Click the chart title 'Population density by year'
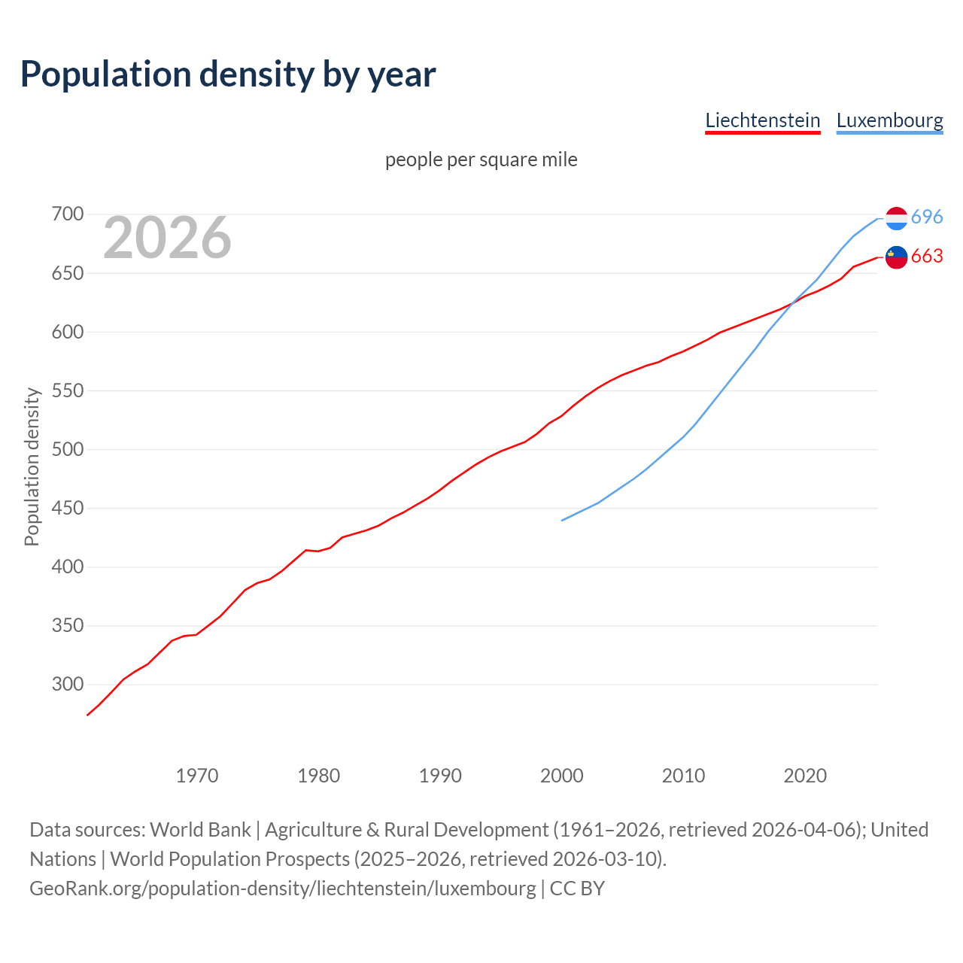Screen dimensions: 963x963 click(x=228, y=74)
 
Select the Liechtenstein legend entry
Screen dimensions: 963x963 click(x=762, y=120)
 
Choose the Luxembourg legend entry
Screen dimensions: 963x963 click(x=889, y=120)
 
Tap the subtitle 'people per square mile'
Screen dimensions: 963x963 click(x=481, y=159)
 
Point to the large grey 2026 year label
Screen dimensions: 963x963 click(x=167, y=238)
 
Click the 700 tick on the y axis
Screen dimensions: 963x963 click(x=67, y=214)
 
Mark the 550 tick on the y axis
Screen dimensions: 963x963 click(x=67, y=390)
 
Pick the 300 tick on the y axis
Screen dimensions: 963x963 click(x=67, y=685)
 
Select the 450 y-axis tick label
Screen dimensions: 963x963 click(x=67, y=509)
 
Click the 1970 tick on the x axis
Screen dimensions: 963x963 click(x=197, y=776)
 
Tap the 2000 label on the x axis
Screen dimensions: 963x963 click(x=562, y=776)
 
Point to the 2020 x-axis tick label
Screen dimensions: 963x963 click(x=805, y=776)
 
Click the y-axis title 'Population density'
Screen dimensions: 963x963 click(x=32, y=466)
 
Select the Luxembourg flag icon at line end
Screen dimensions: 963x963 click(x=896, y=218)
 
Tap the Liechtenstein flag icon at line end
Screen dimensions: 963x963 click(x=896, y=257)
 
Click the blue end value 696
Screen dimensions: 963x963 click(x=927, y=217)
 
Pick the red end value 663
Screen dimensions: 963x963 click(x=927, y=257)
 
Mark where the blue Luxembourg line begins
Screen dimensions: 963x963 click(x=562, y=521)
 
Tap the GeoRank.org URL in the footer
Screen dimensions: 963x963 click(x=283, y=889)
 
